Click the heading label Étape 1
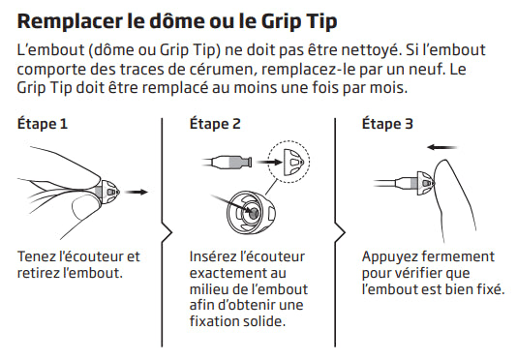coord(43,124)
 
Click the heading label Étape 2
coord(215,124)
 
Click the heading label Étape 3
coord(387,124)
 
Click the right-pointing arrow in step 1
coord(137,192)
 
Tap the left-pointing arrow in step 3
coord(441,147)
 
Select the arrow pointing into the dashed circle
coord(270,162)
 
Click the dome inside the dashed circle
coord(293,162)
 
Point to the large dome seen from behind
coord(252,213)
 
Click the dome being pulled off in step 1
coord(109,193)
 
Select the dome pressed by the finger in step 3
coord(426,183)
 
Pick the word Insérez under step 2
coord(211,256)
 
